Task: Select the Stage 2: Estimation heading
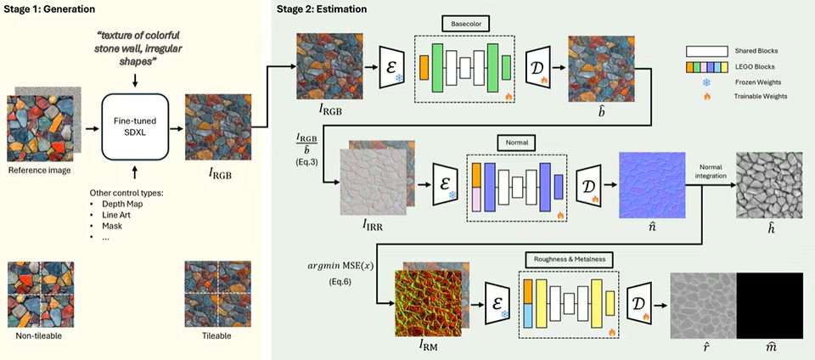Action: coord(323,8)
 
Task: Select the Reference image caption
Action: coord(39,170)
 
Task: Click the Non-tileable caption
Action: coord(39,336)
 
